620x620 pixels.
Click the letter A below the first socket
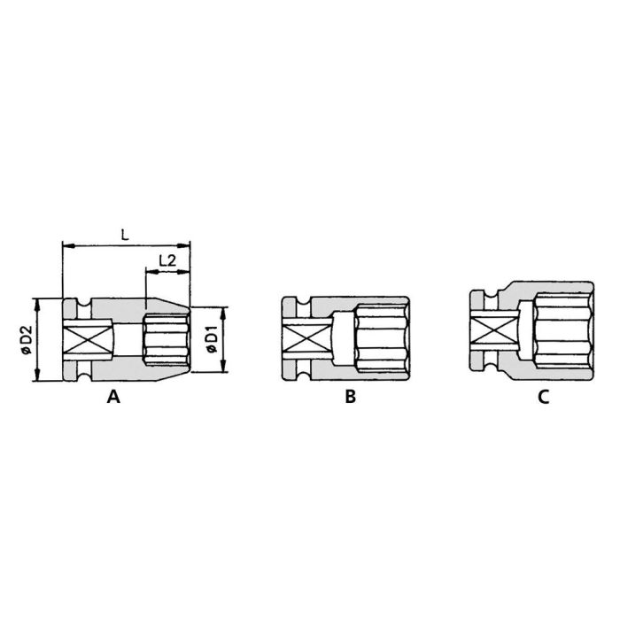point(112,398)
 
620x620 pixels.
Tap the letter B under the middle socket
point(350,398)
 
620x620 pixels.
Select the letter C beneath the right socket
point(543,398)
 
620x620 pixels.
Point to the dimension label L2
point(167,260)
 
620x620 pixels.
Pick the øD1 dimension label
point(211,341)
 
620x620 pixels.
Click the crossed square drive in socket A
point(83,341)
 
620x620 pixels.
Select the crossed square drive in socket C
point(485,332)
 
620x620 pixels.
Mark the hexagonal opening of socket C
point(562,332)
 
